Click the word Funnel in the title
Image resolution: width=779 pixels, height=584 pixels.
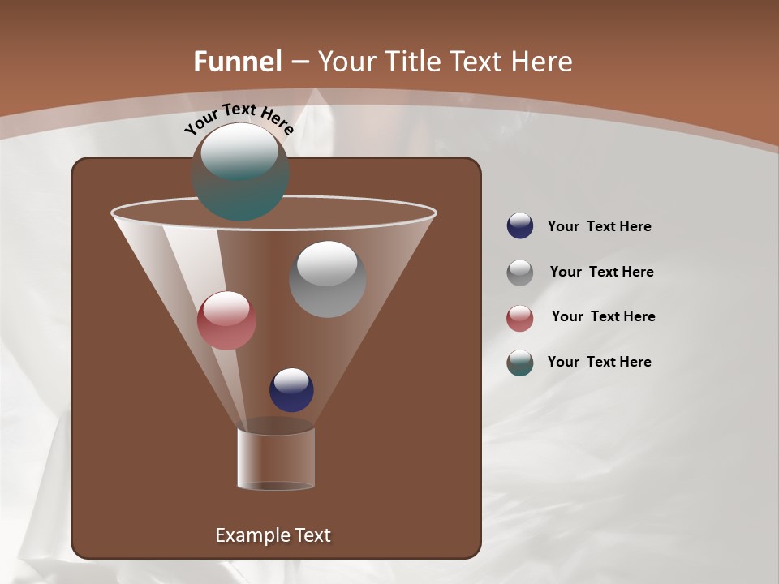pos(237,62)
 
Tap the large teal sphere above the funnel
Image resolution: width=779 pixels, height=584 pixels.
pos(240,173)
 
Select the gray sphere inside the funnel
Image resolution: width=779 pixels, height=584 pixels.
pos(327,280)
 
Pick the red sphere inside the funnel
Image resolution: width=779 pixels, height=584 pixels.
pos(226,320)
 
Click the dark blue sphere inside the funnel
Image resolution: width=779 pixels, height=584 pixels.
pos(291,390)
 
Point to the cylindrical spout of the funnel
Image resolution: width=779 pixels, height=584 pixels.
pos(276,458)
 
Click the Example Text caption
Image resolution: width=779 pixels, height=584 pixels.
pos(273,535)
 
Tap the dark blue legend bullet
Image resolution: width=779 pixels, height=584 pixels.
pos(520,226)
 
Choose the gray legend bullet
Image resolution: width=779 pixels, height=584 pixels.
pos(520,273)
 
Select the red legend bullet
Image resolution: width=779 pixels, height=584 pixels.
pos(520,318)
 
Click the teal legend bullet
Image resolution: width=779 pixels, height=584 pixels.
pos(520,363)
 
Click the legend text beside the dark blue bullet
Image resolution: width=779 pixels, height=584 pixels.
pos(599,227)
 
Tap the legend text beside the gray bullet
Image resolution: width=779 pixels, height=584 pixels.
pos(601,272)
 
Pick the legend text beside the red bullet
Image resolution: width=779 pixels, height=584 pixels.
pos(603,316)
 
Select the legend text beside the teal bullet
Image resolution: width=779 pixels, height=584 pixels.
pos(599,362)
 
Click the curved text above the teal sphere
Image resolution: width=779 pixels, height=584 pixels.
pos(239,118)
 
